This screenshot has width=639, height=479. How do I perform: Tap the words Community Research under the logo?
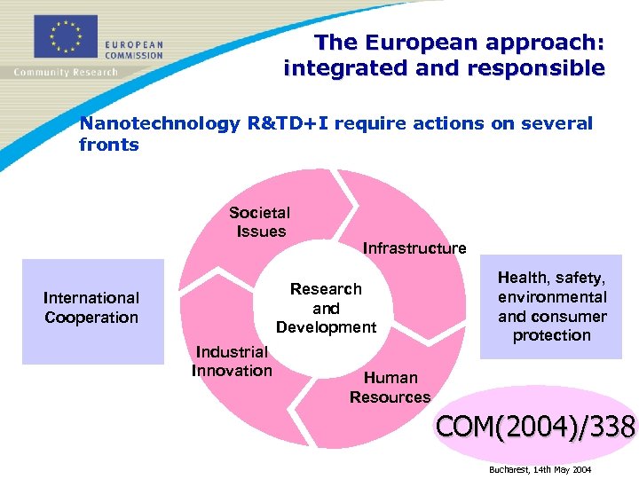(66, 73)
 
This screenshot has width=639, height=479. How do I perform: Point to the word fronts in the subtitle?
(109, 145)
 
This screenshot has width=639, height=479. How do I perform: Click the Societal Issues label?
(259, 222)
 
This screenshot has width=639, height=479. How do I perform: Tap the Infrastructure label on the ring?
(414, 248)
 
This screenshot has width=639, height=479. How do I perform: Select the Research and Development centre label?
(326, 308)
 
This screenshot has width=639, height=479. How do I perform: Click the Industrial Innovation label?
(232, 361)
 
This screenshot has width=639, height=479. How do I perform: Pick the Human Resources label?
(390, 388)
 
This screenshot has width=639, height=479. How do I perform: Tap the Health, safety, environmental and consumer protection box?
(551, 307)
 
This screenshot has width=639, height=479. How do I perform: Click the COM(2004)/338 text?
(535, 428)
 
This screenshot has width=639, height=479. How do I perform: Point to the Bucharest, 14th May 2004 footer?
(540, 468)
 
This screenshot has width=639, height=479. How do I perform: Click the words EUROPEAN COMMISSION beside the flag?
(133, 49)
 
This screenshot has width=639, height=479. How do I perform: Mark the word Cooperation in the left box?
(91, 318)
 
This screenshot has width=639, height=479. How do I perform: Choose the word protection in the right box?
(551, 335)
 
